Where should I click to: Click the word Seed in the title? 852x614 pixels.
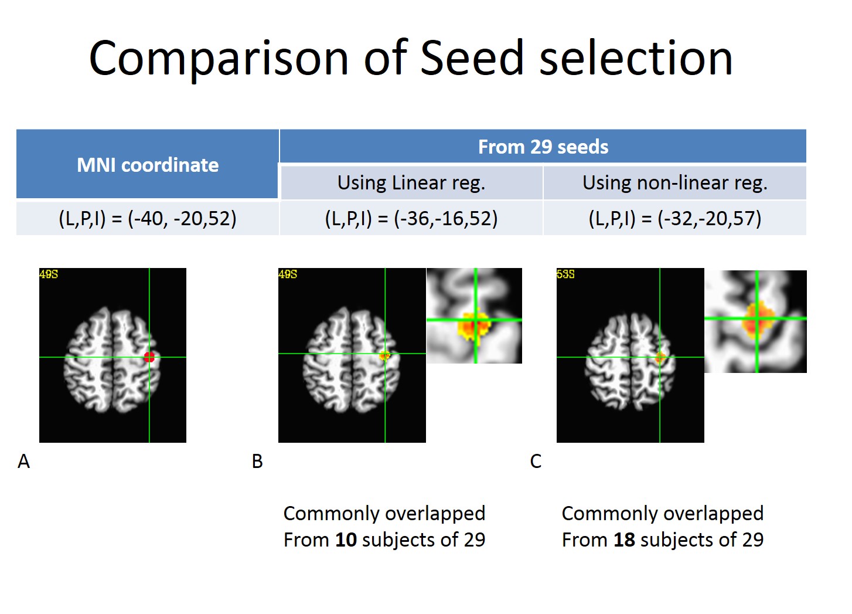click(x=471, y=58)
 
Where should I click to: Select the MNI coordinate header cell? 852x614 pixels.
click(x=148, y=165)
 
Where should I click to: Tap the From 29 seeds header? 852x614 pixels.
click(x=543, y=147)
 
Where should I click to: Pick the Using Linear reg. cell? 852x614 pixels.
click(x=411, y=183)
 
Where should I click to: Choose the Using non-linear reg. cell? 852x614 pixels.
click(x=674, y=183)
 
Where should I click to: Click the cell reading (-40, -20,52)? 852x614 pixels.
click(x=148, y=218)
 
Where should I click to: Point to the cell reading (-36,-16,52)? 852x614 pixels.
click(x=411, y=218)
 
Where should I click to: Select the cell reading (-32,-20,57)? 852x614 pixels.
click(x=674, y=218)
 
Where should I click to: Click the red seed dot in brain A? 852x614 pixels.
click(x=149, y=357)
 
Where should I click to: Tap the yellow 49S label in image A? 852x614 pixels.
click(x=49, y=274)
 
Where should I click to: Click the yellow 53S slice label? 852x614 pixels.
click(x=565, y=274)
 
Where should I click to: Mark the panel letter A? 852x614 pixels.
click(x=23, y=462)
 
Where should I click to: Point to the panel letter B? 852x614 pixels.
click(x=257, y=462)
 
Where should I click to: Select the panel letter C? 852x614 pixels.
click(x=536, y=462)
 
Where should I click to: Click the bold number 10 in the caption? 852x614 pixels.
click(x=346, y=540)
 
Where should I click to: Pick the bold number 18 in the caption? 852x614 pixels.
click(x=624, y=540)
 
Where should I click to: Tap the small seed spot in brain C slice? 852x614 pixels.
click(x=660, y=357)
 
